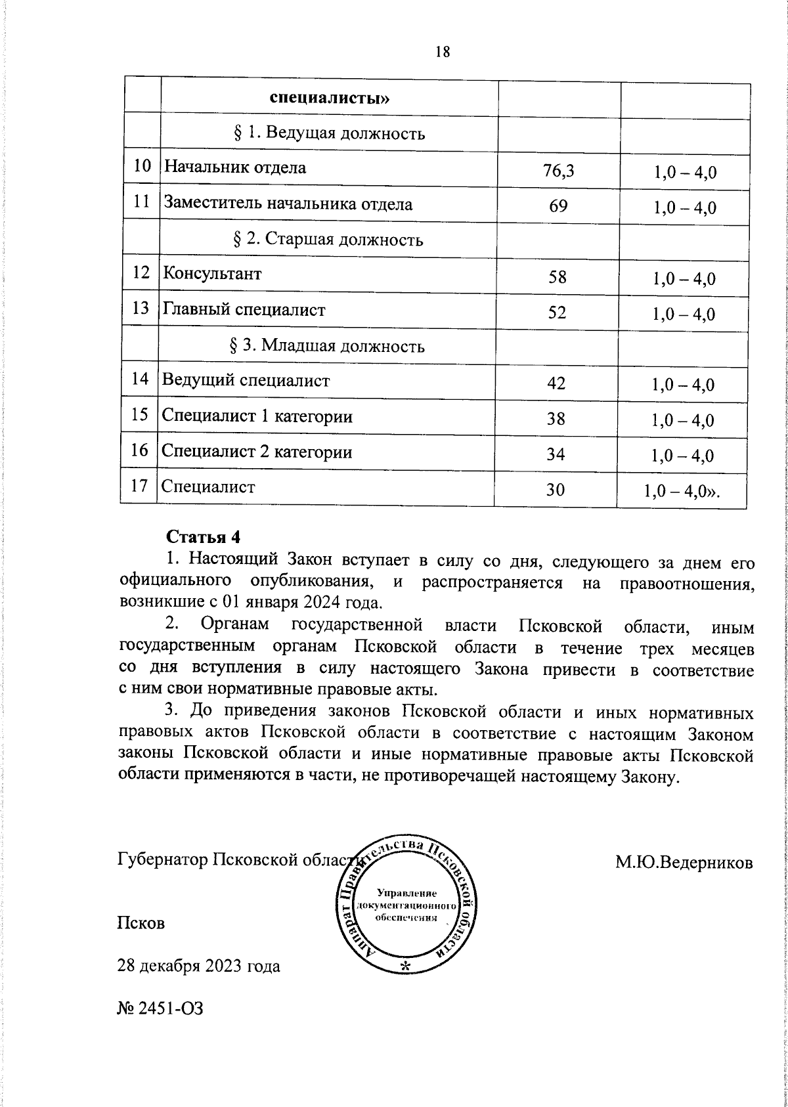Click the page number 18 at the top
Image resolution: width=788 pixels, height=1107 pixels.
[x=442, y=52]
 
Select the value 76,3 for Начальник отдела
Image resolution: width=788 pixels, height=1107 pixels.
[x=559, y=171]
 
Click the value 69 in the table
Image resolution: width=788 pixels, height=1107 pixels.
[x=559, y=207]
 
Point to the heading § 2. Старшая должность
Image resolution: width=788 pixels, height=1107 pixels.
[x=328, y=239]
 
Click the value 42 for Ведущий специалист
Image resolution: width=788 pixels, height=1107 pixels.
[x=556, y=383]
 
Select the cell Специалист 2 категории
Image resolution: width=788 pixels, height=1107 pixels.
[x=257, y=452]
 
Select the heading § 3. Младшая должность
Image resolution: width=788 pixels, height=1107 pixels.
[x=328, y=346]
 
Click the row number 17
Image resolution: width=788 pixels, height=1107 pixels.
[x=139, y=487]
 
